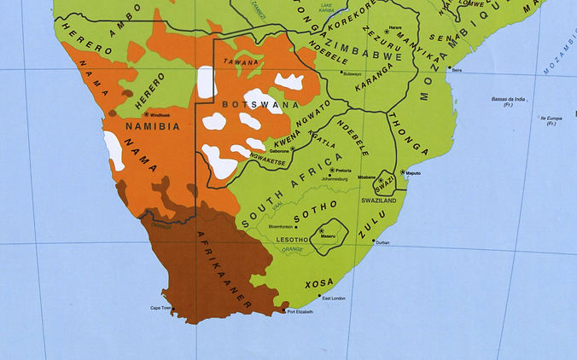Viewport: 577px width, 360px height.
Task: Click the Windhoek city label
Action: (161, 114)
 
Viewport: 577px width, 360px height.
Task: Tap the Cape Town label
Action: (161, 308)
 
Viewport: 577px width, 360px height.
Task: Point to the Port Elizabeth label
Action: (300, 312)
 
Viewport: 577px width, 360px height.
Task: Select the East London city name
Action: (333, 298)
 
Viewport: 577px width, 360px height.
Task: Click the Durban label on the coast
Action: (382, 243)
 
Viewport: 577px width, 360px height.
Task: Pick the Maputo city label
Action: (413, 173)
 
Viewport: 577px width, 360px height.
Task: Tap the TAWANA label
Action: (240, 62)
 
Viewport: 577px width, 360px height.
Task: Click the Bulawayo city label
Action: (352, 74)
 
